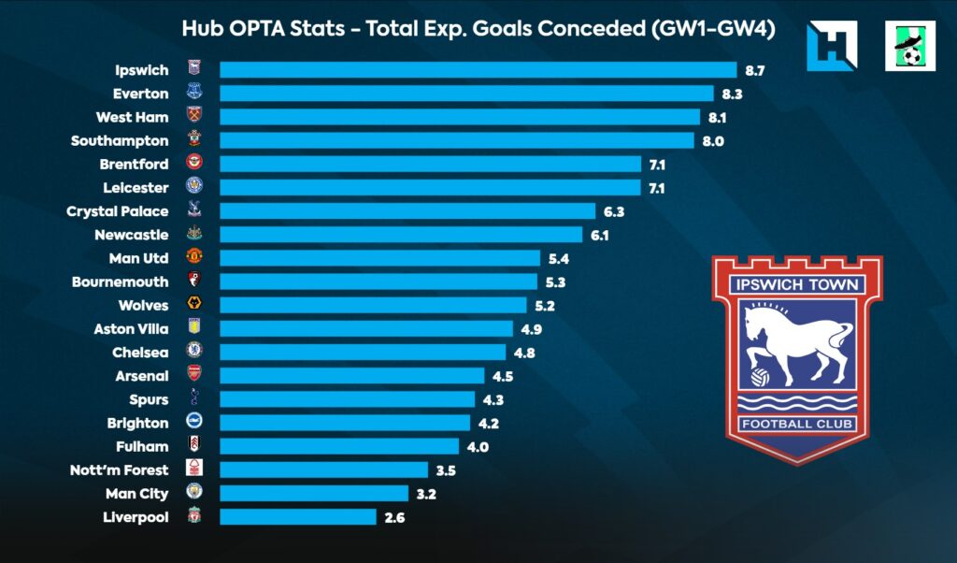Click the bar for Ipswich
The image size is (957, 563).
point(478,70)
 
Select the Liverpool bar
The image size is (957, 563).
point(297,516)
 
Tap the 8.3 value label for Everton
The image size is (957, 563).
point(731,94)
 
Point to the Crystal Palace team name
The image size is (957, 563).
point(118,211)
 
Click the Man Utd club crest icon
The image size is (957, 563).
point(194,257)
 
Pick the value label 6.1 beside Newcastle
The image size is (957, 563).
point(599,235)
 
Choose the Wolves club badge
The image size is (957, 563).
point(194,305)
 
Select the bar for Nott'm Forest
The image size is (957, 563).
point(323,469)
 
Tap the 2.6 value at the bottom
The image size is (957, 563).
point(393,516)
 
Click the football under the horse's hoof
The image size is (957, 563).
point(761,379)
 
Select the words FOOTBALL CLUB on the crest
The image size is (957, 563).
point(796,425)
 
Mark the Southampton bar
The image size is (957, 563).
point(456,140)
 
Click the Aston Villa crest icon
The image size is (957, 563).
point(194,328)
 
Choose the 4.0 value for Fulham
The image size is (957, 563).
point(478,446)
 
